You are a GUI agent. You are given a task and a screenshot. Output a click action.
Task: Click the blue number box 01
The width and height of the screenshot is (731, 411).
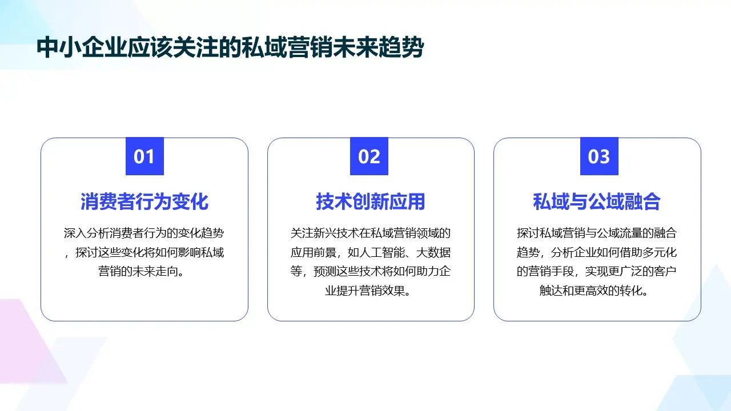(144, 156)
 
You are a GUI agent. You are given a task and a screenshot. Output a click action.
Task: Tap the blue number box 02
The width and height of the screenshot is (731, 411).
(369, 156)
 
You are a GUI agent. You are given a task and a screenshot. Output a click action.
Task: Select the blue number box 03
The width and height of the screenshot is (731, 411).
(599, 156)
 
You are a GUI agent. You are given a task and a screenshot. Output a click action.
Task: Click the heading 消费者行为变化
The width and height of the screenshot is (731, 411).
(144, 202)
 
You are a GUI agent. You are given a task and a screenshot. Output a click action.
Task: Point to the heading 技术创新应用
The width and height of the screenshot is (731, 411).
(371, 202)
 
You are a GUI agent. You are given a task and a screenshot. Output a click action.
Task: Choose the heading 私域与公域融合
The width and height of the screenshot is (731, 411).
(597, 202)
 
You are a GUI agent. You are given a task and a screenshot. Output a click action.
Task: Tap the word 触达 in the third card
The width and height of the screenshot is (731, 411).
(551, 290)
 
